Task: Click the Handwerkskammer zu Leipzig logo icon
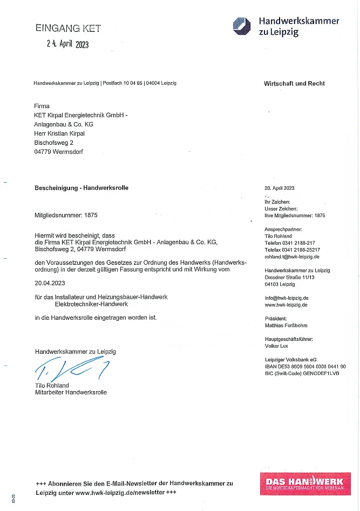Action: pos(241,25)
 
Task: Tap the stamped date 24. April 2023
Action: pos(67,44)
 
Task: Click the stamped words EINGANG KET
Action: pos(68,28)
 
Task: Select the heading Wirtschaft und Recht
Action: pos(294,84)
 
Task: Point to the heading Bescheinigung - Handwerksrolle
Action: pos(81,188)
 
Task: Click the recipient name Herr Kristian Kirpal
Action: pos(59,133)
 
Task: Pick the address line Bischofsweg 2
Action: pos(53,143)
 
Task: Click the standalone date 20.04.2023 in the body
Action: pos(50,282)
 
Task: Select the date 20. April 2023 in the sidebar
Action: pos(280,188)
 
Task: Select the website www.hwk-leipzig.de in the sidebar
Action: pos(286,305)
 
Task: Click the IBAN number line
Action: pos(305,366)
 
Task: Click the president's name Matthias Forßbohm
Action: pos(287,326)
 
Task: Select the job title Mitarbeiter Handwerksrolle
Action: pos(71,392)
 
